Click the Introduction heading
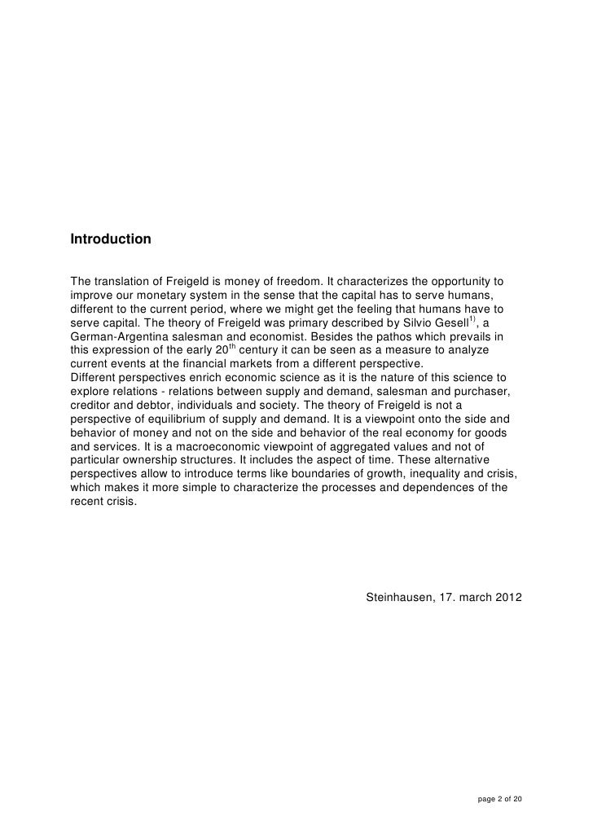tap(111, 240)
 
